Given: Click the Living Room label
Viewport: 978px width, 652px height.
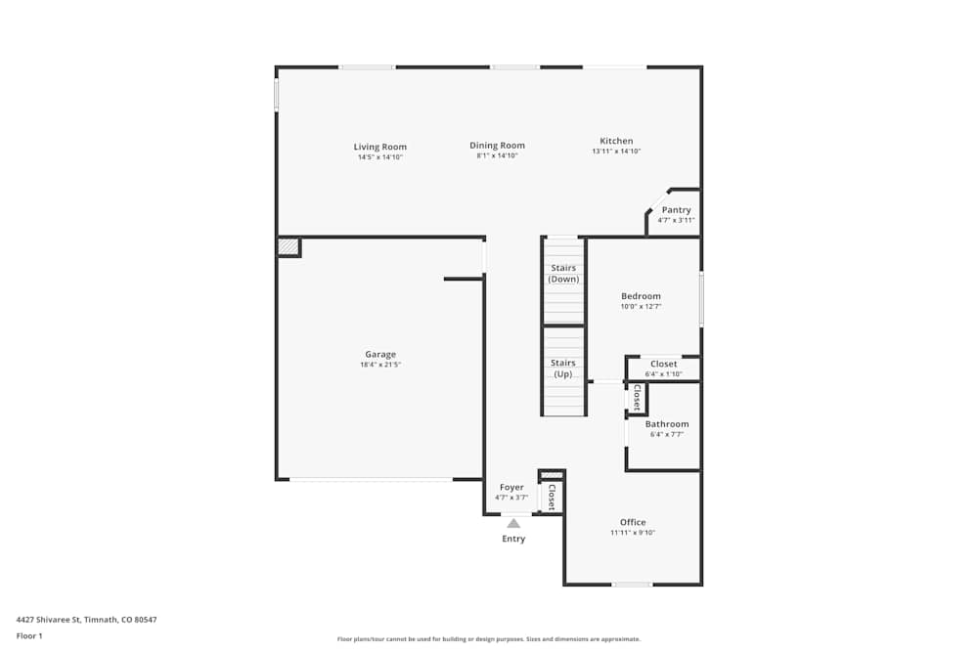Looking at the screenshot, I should (380, 147).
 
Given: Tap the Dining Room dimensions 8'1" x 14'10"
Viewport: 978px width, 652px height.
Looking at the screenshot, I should (497, 156).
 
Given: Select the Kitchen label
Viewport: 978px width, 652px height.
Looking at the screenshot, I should (616, 141).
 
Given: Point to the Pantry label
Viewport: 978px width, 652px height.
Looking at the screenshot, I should (676, 210).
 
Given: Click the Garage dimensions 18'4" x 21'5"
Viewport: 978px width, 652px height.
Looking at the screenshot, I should (380, 365).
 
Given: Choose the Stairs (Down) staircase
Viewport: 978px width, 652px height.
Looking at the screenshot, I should (563, 281).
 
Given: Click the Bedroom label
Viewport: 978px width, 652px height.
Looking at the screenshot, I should (641, 296).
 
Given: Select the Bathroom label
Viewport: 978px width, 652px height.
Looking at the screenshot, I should (666, 424).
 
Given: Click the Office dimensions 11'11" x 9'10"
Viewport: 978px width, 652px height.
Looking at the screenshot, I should (633, 533).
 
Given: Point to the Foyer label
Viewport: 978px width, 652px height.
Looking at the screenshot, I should (511, 487).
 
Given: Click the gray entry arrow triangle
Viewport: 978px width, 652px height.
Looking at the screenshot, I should (513, 523).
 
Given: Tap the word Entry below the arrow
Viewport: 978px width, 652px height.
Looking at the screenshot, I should (513, 539).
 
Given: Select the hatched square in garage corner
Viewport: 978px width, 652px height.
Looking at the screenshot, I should (288, 247).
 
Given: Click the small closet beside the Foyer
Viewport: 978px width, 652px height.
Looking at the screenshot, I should (551, 495).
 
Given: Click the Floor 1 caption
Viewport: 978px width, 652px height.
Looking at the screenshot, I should (29, 635).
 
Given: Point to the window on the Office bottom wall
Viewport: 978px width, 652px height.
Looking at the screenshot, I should (632, 585).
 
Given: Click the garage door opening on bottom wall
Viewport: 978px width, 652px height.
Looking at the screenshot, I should (372, 479).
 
